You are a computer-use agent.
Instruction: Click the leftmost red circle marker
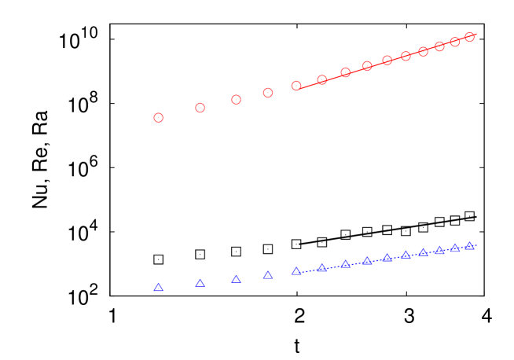click(159, 118)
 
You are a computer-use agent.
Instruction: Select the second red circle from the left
click(200, 108)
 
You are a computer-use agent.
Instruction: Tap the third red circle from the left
click(236, 100)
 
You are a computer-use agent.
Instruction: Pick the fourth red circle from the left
click(268, 93)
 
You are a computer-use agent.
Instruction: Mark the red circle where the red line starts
click(296, 86)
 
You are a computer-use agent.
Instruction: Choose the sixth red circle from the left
click(322, 79)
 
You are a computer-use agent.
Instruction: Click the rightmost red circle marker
click(470, 37)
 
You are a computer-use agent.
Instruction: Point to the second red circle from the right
click(455, 42)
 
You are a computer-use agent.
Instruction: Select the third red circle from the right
click(440, 46)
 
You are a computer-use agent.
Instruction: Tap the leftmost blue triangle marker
click(159, 288)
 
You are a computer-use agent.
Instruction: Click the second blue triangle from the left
click(200, 283)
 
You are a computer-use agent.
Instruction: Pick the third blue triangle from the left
click(236, 279)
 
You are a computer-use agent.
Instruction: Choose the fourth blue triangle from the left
click(268, 275)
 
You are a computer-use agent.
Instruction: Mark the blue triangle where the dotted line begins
click(296, 271)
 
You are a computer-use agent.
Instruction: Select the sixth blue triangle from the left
click(322, 268)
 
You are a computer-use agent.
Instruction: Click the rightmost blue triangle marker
click(470, 246)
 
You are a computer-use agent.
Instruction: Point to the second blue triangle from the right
click(455, 248)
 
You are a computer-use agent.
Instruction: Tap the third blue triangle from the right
click(440, 251)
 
